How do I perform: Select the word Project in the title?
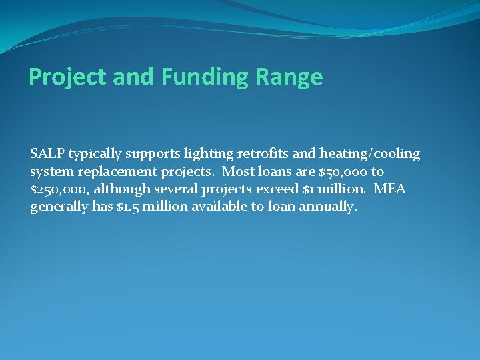pos(67,77)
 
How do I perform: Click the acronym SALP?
pos(47,154)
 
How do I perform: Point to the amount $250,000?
pos(59,189)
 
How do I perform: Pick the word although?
pos(123,189)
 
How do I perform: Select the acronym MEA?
pos(390,189)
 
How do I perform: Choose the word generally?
pos(59,207)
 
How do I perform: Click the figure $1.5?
pos(127,207)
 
